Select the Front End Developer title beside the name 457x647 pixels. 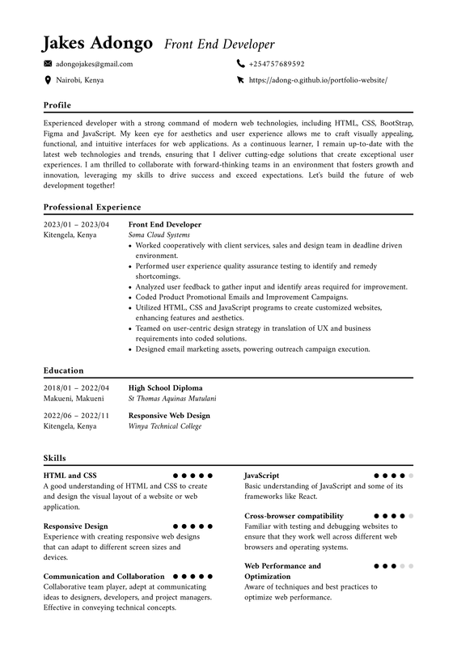point(219,44)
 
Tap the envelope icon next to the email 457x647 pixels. point(48,64)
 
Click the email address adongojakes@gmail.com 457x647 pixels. point(94,64)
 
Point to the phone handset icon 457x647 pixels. point(240,64)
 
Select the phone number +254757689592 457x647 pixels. point(277,64)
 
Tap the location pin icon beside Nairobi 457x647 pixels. point(48,80)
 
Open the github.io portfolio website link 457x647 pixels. point(318,80)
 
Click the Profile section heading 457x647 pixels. point(57,105)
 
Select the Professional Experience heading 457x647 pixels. point(91,207)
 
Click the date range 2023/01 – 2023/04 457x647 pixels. point(75,224)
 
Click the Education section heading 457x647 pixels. point(63,370)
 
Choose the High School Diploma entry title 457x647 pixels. point(165,388)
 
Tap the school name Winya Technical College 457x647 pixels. point(165,425)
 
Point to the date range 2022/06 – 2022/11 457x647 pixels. point(75,416)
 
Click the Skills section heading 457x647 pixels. point(54,458)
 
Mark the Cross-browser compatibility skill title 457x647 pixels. point(294,516)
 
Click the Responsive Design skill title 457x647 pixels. point(75,526)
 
